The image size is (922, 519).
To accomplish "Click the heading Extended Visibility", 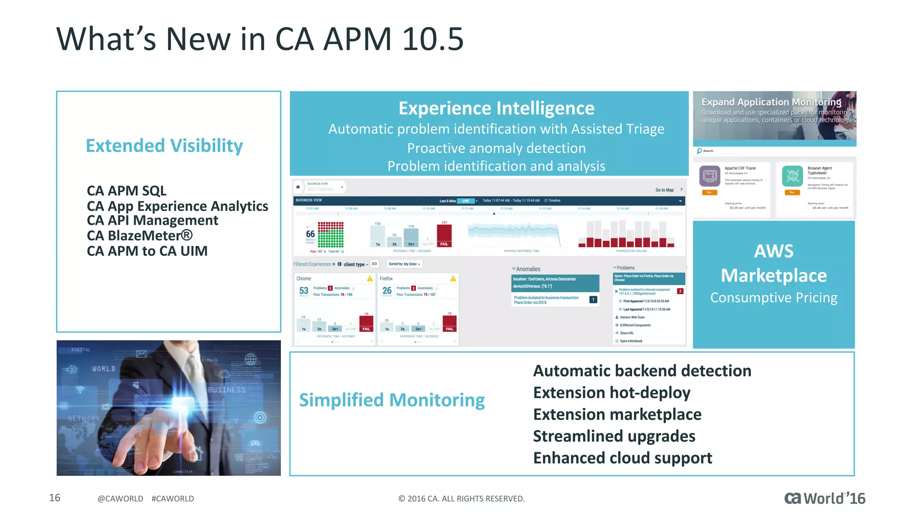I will [164, 146].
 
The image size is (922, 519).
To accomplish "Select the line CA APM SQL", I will [127, 191].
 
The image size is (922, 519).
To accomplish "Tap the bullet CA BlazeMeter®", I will [140, 236].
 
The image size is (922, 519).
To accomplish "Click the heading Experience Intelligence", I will [496, 108].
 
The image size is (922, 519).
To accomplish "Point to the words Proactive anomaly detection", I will [496, 148].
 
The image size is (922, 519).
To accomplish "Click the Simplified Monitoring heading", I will [392, 400].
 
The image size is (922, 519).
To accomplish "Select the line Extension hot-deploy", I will [611, 393].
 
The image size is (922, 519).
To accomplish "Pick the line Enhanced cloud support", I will [622, 458].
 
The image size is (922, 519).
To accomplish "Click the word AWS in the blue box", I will [773, 251].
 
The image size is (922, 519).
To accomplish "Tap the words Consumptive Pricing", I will [773, 298].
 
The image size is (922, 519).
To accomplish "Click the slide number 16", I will [54, 498].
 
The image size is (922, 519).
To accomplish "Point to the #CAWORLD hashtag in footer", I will [172, 499].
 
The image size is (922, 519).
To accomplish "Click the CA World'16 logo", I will [824, 498].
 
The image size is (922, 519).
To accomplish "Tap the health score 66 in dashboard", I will [310, 234].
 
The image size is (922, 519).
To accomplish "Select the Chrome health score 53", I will [303, 291].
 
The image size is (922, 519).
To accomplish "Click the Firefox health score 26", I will [387, 291].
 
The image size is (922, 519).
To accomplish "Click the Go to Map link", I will [664, 190].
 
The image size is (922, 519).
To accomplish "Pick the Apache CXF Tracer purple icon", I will [710, 176].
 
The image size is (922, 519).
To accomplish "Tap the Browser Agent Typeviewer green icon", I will [792, 176].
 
